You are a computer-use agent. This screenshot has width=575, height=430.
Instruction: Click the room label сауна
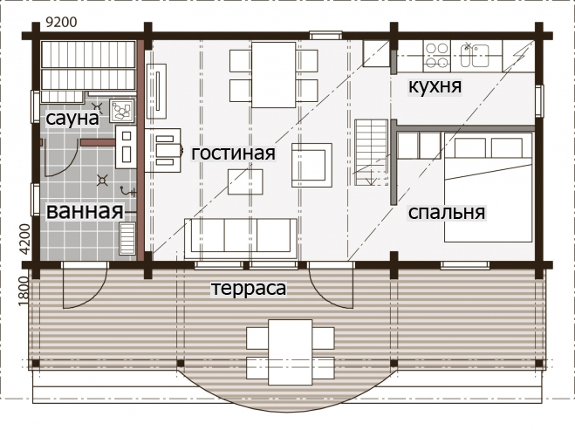pos(72,119)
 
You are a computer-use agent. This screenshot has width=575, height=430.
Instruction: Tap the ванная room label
pos(85,212)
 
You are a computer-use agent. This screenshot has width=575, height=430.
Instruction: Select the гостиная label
pos(233,153)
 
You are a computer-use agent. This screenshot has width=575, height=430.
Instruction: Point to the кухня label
pos(435,86)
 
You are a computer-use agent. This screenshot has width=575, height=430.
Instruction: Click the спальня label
pos(447,212)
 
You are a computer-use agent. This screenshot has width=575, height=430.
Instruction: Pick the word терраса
pos(249,288)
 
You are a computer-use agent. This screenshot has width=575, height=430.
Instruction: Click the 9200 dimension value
pos(62,23)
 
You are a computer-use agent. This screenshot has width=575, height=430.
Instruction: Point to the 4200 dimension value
pos(24,239)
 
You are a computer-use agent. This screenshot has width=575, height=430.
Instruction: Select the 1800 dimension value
pos(24,291)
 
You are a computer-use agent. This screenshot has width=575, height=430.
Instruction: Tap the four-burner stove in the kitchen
pos(437,56)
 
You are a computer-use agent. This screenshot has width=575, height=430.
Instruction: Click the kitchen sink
pos(475,56)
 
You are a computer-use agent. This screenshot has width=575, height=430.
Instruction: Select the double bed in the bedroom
pos(488,188)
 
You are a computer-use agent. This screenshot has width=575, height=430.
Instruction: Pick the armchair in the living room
pos(312,165)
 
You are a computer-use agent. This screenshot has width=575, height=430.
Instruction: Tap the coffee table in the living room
pos(245,181)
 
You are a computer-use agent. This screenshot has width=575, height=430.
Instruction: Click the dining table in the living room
pos(274,75)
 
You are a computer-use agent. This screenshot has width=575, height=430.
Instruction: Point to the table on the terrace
pos(290,352)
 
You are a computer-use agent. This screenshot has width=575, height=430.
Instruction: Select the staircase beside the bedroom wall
pos(371,153)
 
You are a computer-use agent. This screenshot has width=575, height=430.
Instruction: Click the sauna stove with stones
pos(122,111)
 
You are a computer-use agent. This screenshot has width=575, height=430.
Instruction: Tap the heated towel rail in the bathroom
pos(127,239)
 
